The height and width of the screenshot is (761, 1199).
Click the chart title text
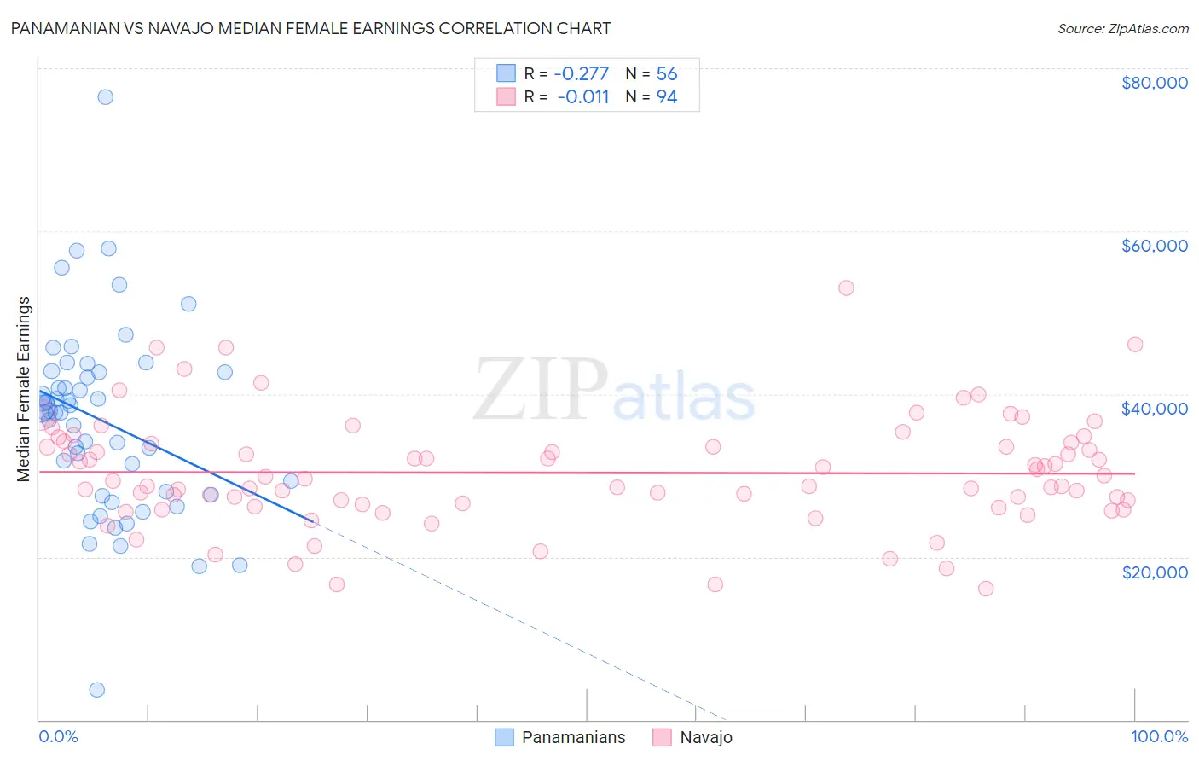[310, 28]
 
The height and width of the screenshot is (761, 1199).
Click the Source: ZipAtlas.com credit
[1122, 29]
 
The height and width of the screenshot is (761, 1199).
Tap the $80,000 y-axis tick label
[1154, 83]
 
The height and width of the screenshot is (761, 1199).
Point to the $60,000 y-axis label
[1154, 246]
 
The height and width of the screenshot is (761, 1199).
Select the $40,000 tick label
[1154, 409]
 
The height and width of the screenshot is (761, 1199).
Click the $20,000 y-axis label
[1154, 572]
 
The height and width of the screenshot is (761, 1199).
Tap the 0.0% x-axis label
[58, 736]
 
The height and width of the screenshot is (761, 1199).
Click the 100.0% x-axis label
[1159, 736]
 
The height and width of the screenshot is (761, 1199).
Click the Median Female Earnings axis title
[24, 389]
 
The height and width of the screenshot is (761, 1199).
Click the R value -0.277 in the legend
[581, 74]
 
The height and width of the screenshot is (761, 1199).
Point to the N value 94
[666, 97]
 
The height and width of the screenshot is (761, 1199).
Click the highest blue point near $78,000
[105, 96]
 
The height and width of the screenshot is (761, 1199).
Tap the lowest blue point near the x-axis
[97, 689]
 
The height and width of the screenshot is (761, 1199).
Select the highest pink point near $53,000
[846, 288]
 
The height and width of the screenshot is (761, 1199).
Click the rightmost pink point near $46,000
[1134, 345]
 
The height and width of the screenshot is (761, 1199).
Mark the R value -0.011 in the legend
[582, 97]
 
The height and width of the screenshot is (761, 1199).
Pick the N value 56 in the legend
[666, 74]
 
